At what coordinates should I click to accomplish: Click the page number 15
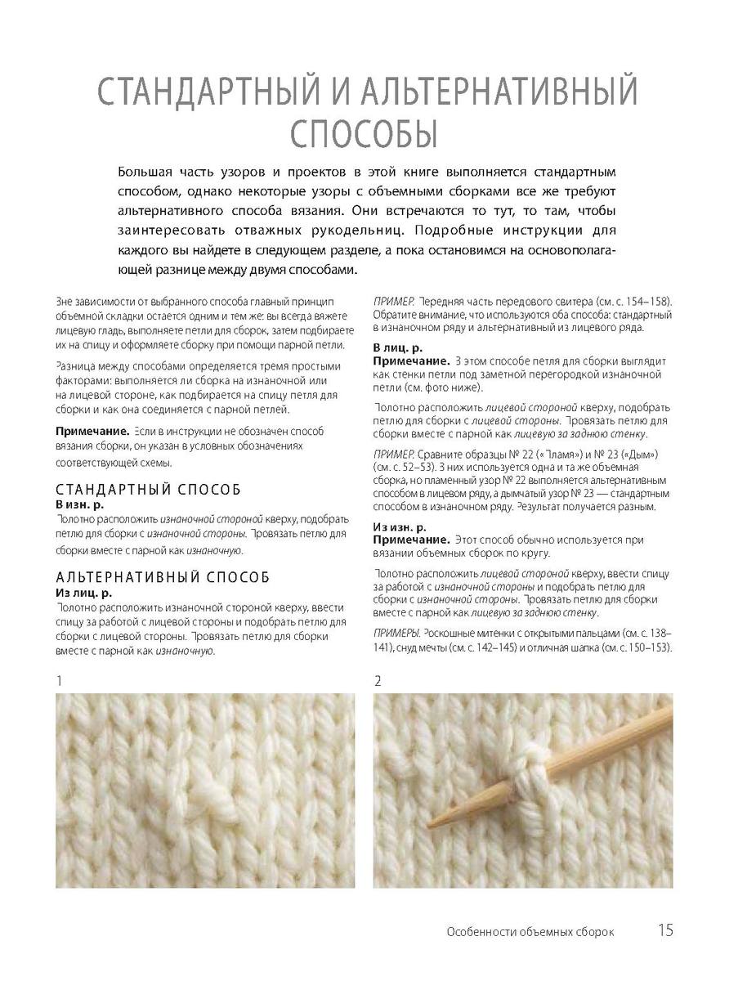[664, 930]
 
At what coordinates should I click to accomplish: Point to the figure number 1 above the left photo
[58, 680]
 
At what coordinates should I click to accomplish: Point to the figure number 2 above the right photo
[378, 680]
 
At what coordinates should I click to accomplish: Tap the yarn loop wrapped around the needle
[521, 767]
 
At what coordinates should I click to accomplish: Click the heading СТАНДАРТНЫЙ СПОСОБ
[148, 490]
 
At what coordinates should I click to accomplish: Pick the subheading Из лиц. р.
[83, 592]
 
